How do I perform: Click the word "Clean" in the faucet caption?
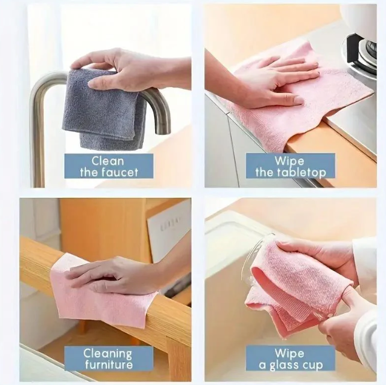tap(108, 161)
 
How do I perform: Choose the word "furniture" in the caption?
tap(108, 365)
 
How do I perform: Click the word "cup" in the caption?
tap(315, 365)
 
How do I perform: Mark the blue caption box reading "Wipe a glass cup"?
tap(290, 359)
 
